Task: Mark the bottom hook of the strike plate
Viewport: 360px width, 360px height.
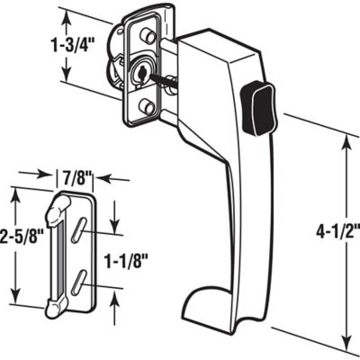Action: pos(55,308)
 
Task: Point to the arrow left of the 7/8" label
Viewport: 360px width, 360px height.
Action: pos(41,175)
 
